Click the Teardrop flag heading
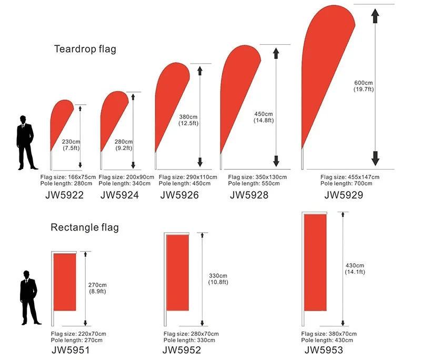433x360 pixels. point(85,49)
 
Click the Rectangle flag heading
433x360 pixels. point(85,228)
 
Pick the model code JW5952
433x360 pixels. point(182,349)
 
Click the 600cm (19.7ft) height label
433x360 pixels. point(363,86)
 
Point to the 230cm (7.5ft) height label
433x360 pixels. point(71,144)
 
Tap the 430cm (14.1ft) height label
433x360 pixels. point(355,268)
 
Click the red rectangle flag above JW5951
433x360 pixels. point(65,282)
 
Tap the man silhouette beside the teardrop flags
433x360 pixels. point(24,142)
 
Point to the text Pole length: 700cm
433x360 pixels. point(346,183)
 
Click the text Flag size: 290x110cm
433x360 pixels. point(186,177)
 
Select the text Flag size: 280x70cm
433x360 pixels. point(190,334)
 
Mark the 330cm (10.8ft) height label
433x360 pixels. point(218,279)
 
